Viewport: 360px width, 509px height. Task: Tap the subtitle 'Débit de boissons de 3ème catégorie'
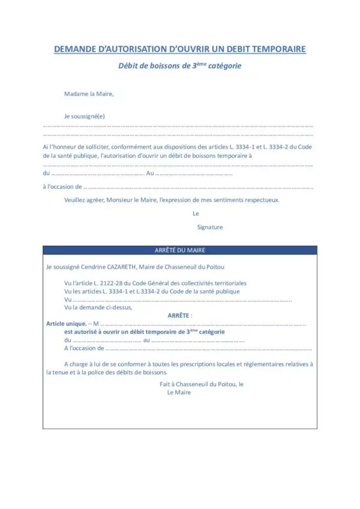pos(179,66)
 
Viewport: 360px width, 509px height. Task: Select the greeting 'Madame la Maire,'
pos(89,94)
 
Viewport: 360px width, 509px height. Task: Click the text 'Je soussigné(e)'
pos(85,116)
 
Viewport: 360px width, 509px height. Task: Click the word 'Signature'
pos(210,227)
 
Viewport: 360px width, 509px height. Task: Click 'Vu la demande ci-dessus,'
pos(97,307)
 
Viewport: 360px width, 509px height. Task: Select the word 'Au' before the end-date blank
pos(151,173)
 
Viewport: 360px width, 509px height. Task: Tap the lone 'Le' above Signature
pos(196,213)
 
